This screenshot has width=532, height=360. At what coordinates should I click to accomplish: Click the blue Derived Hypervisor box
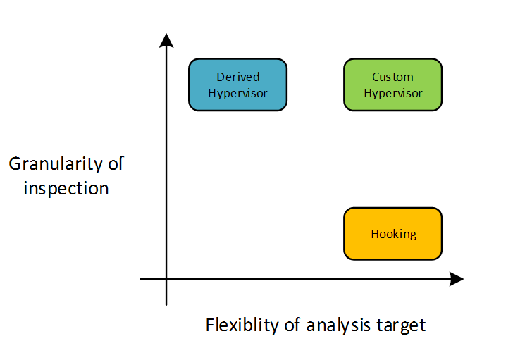click(237, 85)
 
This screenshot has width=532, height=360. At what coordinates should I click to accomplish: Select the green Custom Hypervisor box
click(392, 85)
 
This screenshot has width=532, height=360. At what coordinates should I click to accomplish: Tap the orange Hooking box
click(392, 233)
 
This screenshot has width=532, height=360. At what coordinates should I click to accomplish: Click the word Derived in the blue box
click(238, 77)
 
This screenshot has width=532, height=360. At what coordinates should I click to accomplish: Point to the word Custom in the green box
click(392, 77)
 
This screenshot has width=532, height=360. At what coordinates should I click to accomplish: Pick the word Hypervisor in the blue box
click(238, 93)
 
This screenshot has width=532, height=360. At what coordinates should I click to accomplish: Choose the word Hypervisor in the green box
click(392, 93)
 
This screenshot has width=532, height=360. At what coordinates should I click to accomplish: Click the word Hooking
click(393, 234)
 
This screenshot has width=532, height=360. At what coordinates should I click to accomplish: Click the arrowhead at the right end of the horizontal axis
click(457, 279)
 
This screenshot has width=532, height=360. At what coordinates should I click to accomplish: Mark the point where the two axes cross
click(166, 279)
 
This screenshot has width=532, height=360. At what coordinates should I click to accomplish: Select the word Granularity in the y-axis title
click(58, 165)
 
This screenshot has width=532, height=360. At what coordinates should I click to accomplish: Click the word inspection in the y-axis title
click(66, 188)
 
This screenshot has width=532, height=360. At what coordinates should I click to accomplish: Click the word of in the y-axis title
click(114, 165)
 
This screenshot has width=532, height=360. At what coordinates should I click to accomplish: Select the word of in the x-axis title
click(295, 325)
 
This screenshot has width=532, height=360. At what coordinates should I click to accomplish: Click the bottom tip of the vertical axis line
click(166, 304)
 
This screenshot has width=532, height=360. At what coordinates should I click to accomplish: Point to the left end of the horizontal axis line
click(141, 279)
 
